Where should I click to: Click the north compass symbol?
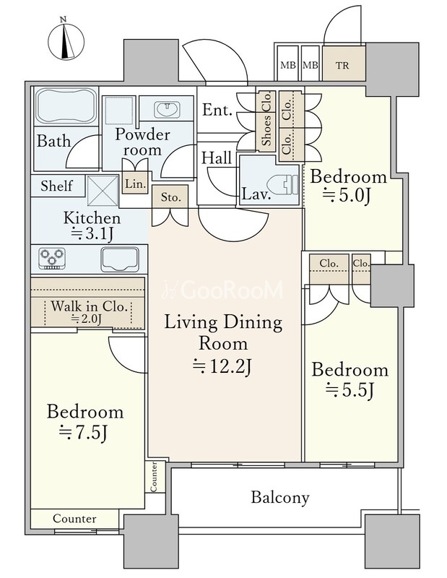[x=66, y=40]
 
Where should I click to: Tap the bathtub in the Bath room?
[x=66, y=106]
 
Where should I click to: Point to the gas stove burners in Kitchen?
[x=52, y=258]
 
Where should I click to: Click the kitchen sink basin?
[x=120, y=259]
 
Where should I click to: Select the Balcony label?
[x=280, y=497]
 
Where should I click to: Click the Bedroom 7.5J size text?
[x=83, y=433]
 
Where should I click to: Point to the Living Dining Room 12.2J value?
[x=222, y=366]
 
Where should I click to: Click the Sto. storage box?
[x=170, y=197]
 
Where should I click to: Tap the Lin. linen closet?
[x=135, y=183]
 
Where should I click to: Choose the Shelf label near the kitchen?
[x=57, y=186]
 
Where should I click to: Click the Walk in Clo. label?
[x=89, y=306]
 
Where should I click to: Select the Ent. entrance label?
[x=217, y=110]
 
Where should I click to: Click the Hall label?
[x=217, y=158]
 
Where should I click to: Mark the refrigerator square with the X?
[x=102, y=191]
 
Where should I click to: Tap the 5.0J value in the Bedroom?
[x=346, y=196]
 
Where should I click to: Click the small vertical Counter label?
[x=154, y=476]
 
